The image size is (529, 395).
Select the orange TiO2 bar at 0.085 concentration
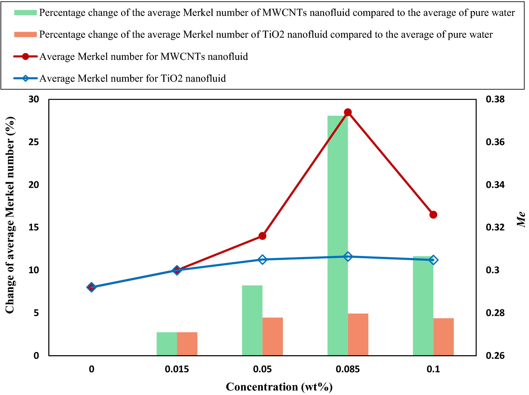click(x=358, y=334)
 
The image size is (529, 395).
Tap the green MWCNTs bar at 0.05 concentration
click(x=252, y=320)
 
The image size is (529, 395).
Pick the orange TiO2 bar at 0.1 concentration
click(x=443, y=337)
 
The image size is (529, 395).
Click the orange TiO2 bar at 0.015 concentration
click(x=187, y=344)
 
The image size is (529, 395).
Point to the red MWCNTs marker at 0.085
click(x=348, y=113)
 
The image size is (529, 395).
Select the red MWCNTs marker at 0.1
click(x=433, y=215)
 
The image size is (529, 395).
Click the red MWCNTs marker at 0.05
click(x=262, y=236)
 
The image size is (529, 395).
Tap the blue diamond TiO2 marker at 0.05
click(x=262, y=259)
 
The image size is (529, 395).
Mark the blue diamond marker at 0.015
click(x=177, y=270)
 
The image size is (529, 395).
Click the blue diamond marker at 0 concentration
click(x=92, y=287)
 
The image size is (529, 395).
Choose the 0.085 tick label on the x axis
click(x=348, y=369)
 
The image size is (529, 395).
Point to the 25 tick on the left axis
click(x=33, y=142)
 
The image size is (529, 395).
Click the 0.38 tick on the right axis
click(x=495, y=99)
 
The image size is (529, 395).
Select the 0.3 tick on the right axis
click(x=493, y=270)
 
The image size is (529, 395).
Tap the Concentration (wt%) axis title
click(x=279, y=387)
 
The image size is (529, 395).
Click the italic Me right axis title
click(x=521, y=219)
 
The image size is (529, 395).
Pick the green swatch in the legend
click(x=25, y=13)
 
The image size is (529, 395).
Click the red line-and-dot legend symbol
click(x=25, y=57)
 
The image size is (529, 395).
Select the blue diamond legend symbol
click(x=25, y=78)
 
